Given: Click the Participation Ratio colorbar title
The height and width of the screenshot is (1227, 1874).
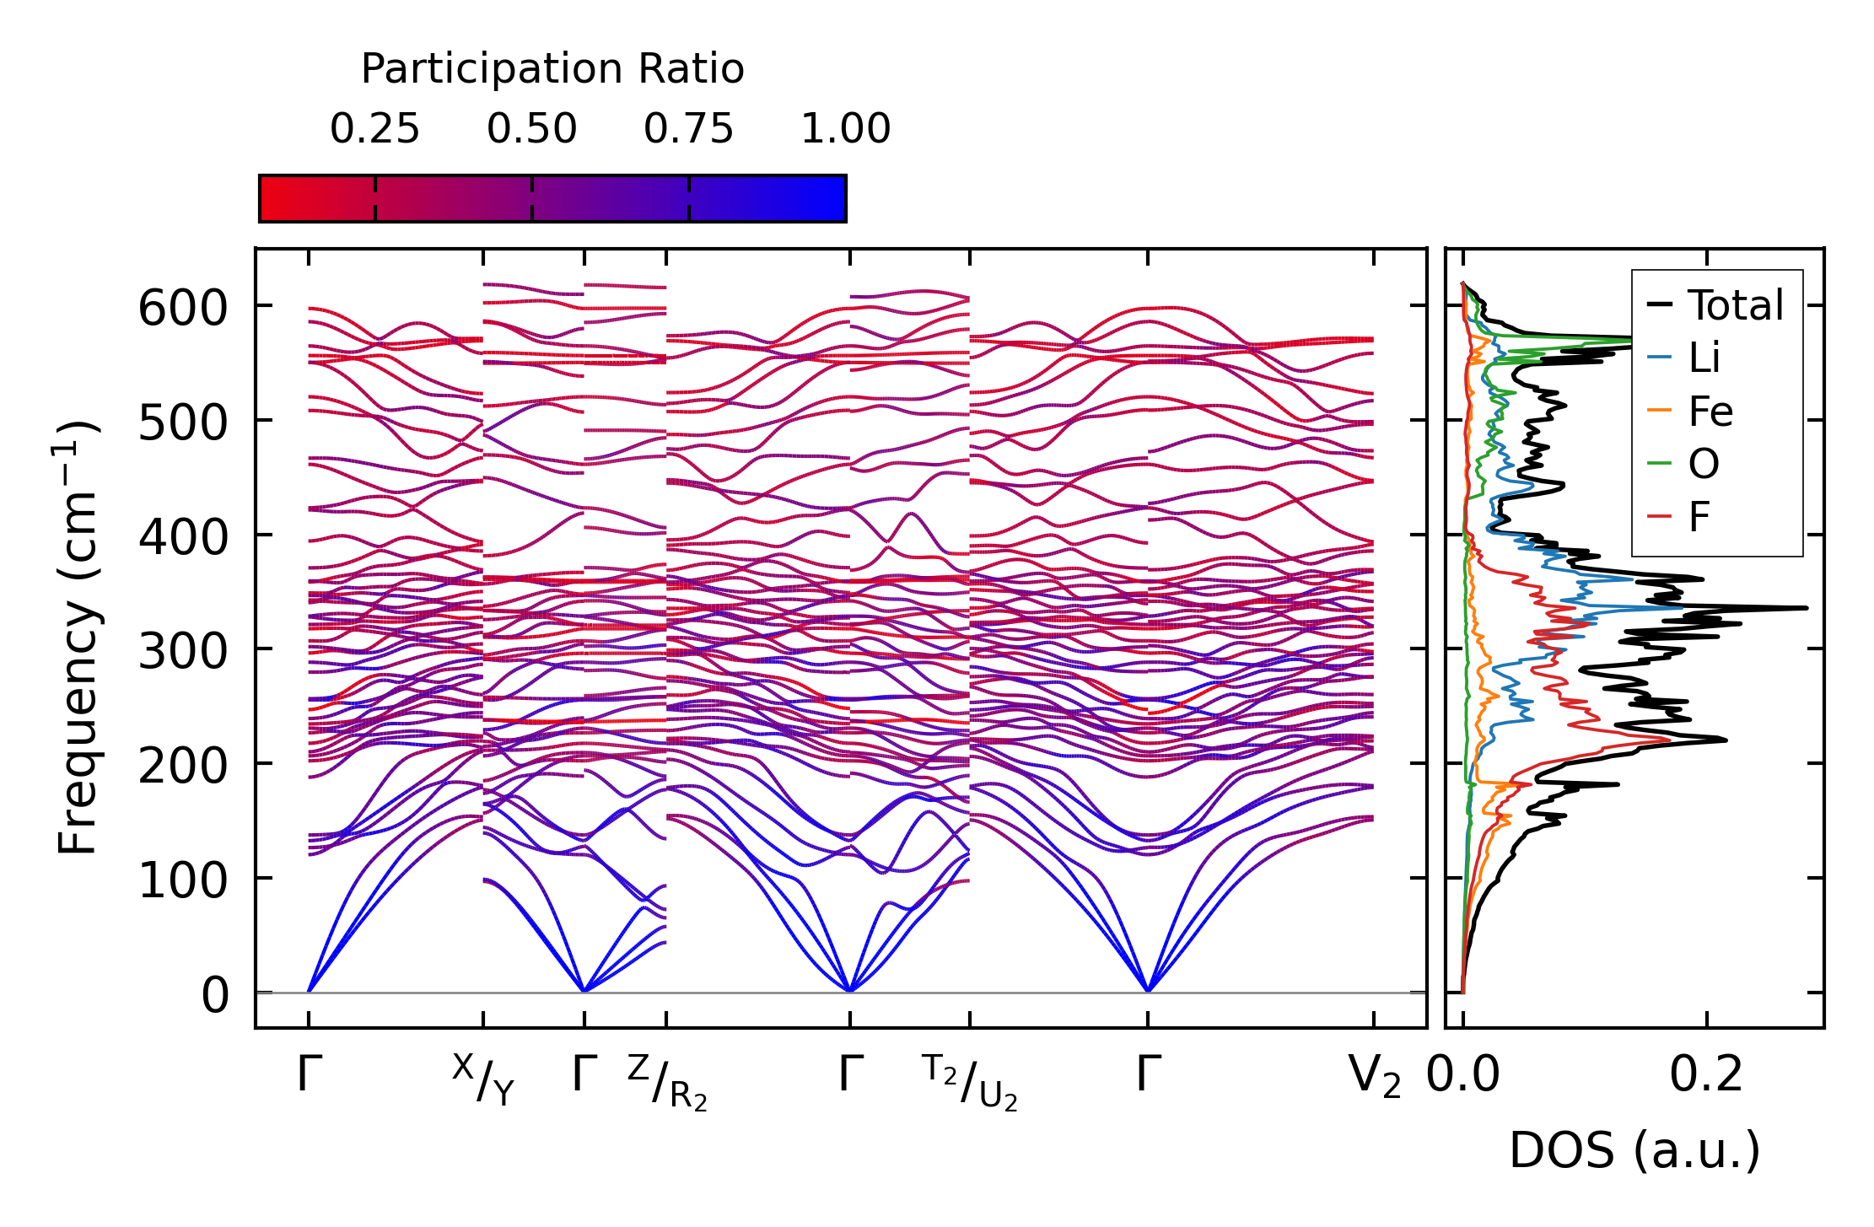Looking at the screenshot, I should tap(552, 69).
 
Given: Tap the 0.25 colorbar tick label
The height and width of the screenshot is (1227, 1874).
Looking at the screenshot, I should tap(374, 130).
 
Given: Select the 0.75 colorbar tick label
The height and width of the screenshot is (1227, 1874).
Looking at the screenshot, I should tap(688, 130).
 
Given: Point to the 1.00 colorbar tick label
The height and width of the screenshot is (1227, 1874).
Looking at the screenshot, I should tap(845, 130).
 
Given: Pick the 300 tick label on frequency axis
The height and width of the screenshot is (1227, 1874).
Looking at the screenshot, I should tap(183, 651).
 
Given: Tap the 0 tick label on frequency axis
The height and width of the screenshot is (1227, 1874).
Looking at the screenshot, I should tap(215, 995).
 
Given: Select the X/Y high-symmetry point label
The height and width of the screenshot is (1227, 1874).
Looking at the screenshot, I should tap(483, 1079).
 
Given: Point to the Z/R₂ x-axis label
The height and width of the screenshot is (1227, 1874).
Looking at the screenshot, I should tap(667, 1081).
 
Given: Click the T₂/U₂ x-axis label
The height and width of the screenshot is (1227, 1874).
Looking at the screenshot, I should tap(970, 1081).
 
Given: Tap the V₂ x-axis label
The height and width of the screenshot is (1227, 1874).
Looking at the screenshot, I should tap(1375, 1077).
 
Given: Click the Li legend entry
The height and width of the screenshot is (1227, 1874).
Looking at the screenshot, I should tap(1704, 358).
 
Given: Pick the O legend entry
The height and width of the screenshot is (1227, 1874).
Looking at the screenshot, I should tap(1703, 464).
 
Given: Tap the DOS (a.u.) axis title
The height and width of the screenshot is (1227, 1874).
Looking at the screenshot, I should tap(1634, 1150).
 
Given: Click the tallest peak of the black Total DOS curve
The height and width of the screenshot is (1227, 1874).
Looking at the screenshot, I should tap(1806, 608).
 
